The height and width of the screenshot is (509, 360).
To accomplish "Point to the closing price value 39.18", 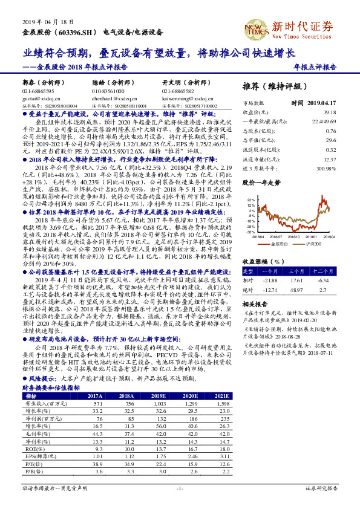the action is click(x=329, y=112).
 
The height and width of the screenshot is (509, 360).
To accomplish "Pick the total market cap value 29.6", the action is click(x=330, y=139).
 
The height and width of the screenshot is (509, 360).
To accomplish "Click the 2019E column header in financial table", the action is click(x=160, y=396).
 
